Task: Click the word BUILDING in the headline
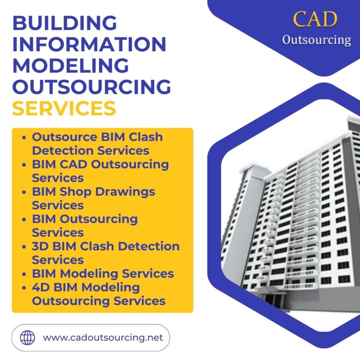(65, 23)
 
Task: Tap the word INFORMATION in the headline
(89, 44)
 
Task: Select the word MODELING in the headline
(71, 65)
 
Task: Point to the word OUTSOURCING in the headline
(92, 87)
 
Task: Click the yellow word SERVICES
(64, 108)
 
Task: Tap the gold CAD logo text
(315, 19)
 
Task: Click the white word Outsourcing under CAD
(317, 40)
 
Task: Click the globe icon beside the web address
(27, 338)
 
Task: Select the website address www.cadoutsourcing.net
(103, 337)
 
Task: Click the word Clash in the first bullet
(145, 137)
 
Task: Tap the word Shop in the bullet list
(76, 192)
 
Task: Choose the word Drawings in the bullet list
(125, 192)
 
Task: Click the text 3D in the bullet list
(40, 246)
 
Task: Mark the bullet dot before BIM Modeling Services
(24, 274)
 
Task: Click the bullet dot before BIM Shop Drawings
(24, 192)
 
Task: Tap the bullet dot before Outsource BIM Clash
(24, 138)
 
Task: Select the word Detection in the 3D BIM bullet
(149, 246)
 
